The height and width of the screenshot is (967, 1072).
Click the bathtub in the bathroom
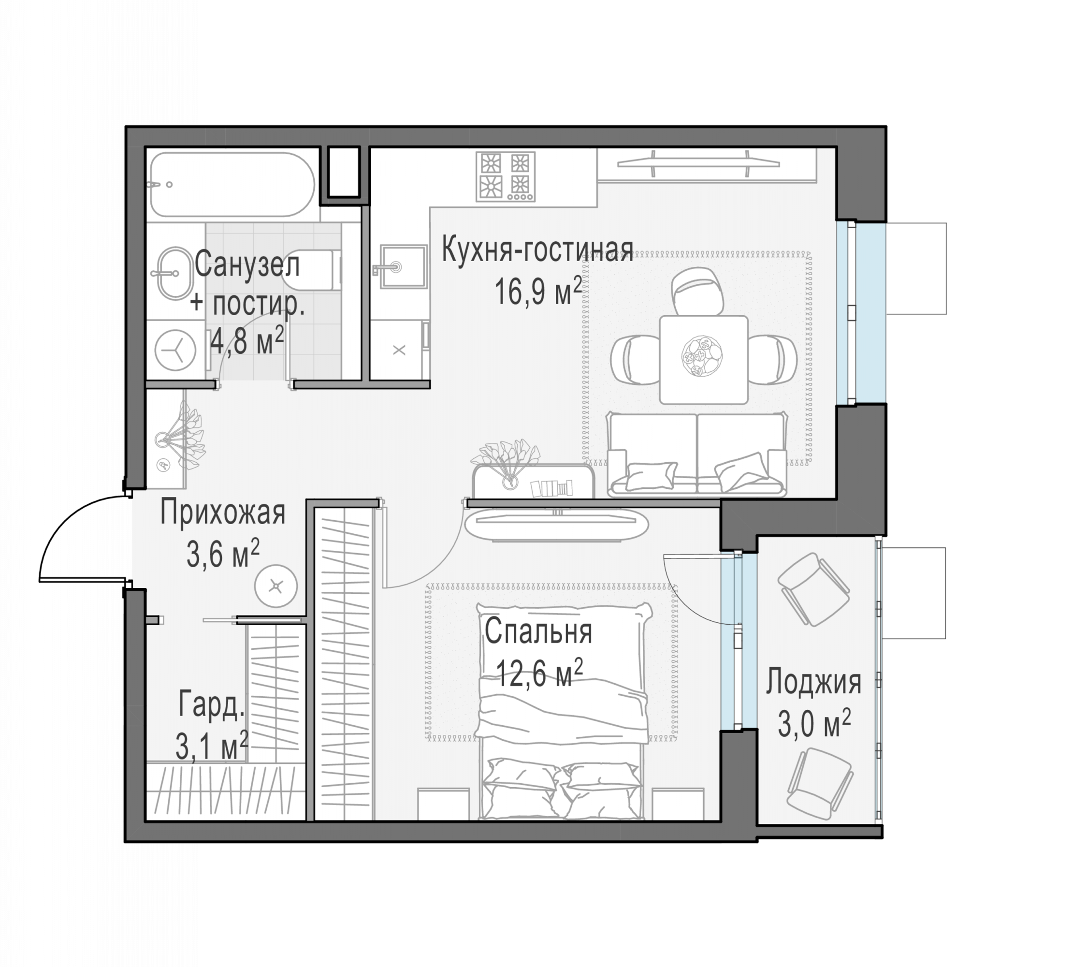[232, 184]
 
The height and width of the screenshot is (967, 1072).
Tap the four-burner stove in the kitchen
[505, 176]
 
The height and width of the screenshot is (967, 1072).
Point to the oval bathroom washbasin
[175, 273]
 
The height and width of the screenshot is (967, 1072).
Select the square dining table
[703, 360]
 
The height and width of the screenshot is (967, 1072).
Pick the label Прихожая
[223, 512]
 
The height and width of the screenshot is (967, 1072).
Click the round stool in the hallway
[275, 586]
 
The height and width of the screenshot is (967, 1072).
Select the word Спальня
[538, 632]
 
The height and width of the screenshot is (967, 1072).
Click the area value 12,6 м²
[539, 673]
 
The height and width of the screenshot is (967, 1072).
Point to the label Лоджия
[813, 682]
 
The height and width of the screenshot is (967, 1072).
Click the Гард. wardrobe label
[211, 705]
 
